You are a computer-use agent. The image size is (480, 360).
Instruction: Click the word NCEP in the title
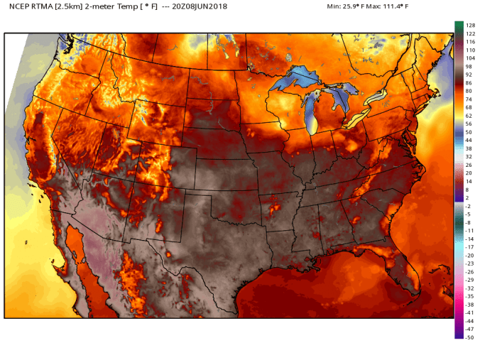click(18, 7)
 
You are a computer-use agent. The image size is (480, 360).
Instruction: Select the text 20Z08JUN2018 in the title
click(213, 7)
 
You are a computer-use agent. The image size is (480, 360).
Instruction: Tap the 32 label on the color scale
click(469, 156)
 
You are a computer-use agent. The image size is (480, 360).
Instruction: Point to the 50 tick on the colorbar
click(469, 132)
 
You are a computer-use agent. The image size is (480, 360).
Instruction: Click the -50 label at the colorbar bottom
click(469, 337)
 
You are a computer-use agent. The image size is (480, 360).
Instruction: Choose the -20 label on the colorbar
click(469, 255)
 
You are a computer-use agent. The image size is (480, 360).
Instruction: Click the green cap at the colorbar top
click(459, 26)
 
